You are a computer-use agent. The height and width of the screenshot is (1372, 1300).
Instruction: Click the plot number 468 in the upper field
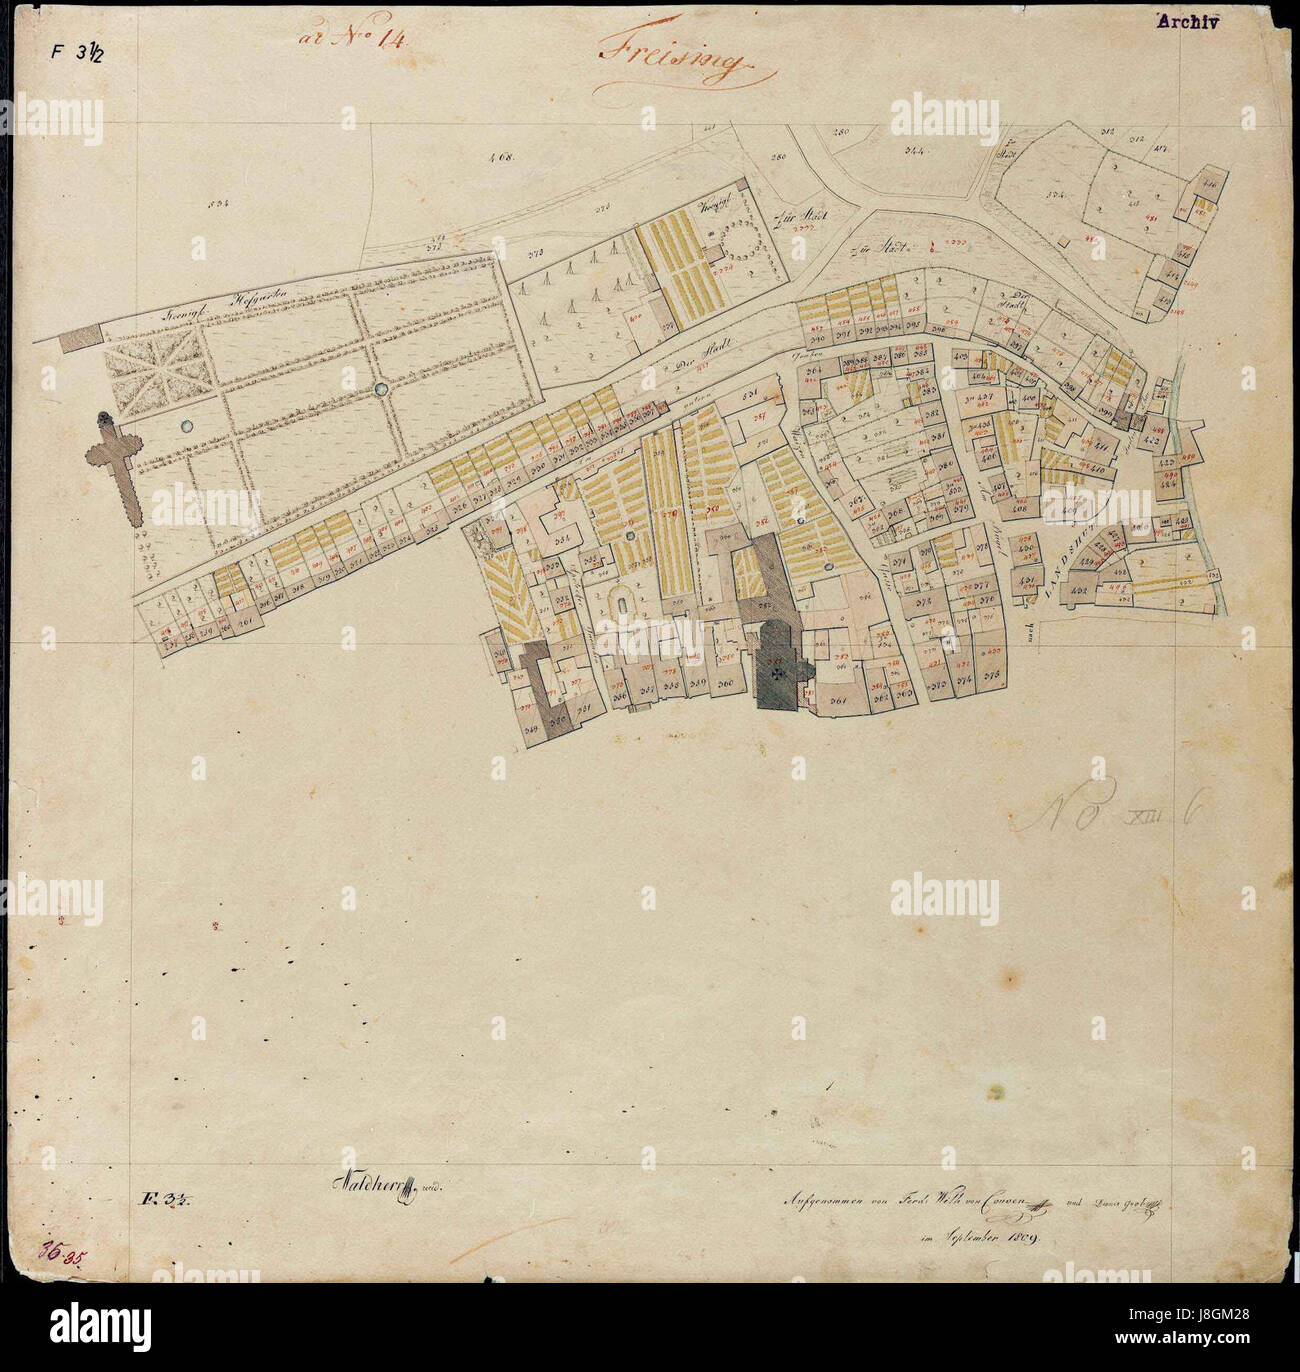[x=498, y=156]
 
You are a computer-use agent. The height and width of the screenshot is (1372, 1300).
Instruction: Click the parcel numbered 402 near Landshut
[x=1079, y=592]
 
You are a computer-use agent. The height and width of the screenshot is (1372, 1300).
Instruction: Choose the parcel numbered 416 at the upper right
[x=1207, y=185]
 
